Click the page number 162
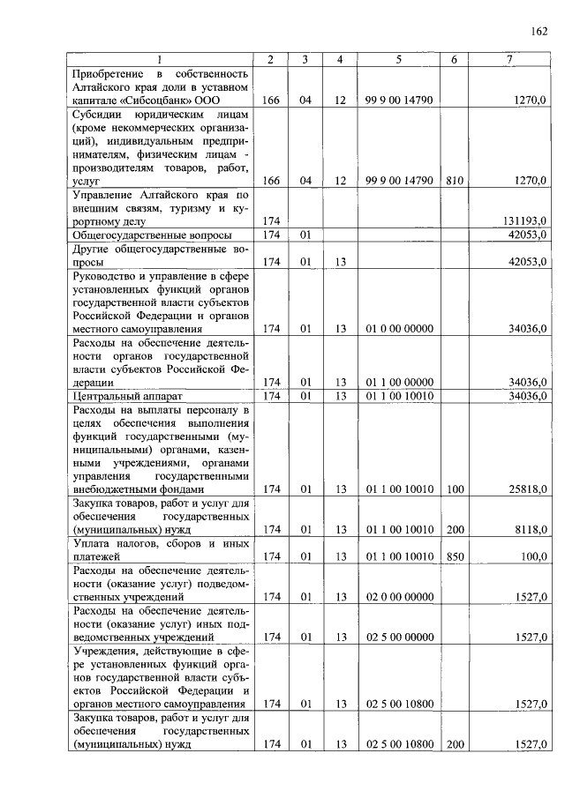(539, 32)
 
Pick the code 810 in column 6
(454, 180)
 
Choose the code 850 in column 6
(454, 556)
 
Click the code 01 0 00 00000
(399, 329)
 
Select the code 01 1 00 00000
(399, 382)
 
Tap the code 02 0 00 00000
(399, 597)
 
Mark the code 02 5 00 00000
(399, 636)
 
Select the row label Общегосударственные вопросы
(152, 235)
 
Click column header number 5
(399, 59)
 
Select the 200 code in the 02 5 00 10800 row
(454, 744)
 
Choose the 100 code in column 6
(454, 488)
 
